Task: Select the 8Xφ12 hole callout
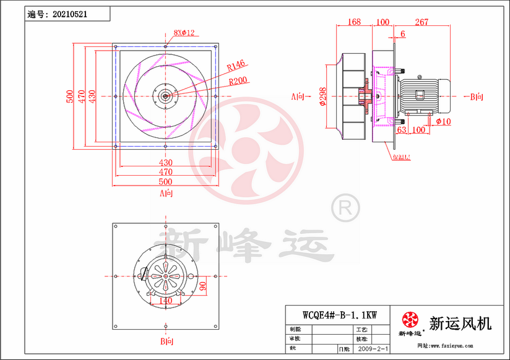click(x=184, y=33)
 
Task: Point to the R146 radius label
click(x=236, y=64)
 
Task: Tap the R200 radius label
click(x=238, y=80)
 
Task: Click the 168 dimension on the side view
click(x=353, y=22)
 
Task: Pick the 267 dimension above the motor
click(x=421, y=22)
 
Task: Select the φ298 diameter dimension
click(x=323, y=96)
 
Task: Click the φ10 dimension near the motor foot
click(x=443, y=121)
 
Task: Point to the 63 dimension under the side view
click(x=401, y=130)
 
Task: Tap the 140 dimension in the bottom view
click(x=165, y=301)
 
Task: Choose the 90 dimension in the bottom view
click(x=202, y=285)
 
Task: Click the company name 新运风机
click(x=460, y=323)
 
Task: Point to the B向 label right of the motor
click(x=477, y=96)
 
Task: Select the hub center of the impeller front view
click(x=166, y=95)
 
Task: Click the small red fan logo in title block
click(x=410, y=320)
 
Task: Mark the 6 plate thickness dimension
click(x=403, y=34)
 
